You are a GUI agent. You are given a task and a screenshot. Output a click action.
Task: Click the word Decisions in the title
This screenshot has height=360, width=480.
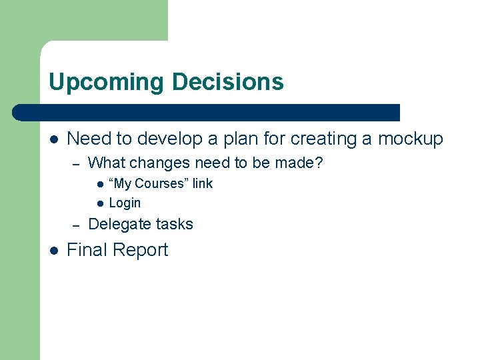tap(227, 83)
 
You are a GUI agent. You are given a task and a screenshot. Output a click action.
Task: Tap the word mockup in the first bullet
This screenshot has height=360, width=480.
tap(411, 139)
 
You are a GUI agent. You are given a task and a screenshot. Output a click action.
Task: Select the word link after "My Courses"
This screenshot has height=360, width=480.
tap(203, 183)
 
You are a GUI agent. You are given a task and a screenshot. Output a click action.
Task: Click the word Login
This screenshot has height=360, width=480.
tap(125, 203)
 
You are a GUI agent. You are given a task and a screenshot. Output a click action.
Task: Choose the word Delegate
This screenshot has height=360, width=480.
tap(120, 224)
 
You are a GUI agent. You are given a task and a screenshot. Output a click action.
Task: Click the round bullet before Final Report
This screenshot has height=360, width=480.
tap(54, 251)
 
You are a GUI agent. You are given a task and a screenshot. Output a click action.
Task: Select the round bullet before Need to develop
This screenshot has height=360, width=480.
tap(54, 139)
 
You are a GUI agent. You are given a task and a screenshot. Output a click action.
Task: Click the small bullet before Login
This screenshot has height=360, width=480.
tap(99, 203)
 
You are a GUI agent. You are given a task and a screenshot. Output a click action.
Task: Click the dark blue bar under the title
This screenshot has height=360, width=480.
tap(207, 112)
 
